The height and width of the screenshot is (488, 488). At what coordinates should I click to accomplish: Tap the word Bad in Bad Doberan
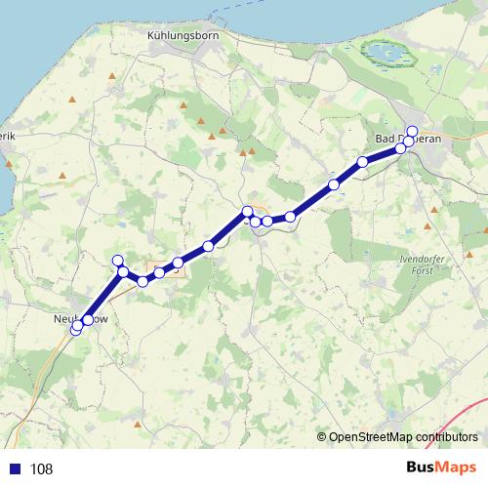387,140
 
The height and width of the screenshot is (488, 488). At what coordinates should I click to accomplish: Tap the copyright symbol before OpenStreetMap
322,436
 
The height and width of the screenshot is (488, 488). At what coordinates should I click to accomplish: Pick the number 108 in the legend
41,469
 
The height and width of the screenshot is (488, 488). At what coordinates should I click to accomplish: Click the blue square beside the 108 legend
16,469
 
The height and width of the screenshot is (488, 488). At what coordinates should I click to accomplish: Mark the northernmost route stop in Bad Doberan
412,132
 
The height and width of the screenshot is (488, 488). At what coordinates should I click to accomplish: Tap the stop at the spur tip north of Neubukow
118,260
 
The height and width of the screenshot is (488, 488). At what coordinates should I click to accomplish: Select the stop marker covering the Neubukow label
88,320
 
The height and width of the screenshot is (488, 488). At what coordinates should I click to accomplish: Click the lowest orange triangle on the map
140,426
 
